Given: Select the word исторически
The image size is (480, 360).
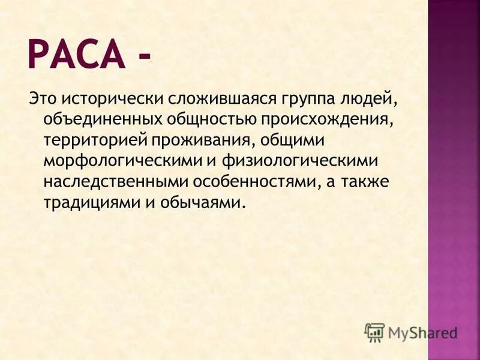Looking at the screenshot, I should [105, 97].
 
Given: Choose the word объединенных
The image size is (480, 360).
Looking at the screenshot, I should [98, 118].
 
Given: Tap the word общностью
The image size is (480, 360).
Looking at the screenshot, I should [206, 118].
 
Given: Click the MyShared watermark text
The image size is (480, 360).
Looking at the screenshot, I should [422, 331].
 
